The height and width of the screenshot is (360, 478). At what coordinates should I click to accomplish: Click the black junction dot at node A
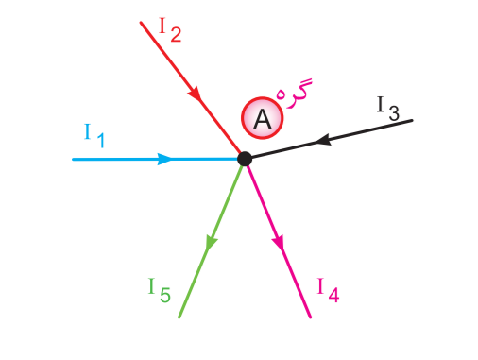[244, 159]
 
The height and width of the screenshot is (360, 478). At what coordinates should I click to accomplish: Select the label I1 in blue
[94, 136]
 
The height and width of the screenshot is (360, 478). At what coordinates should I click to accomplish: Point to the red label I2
[169, 28]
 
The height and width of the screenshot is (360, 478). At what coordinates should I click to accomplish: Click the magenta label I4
[328, 289]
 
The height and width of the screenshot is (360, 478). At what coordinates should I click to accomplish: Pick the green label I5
[159, 289]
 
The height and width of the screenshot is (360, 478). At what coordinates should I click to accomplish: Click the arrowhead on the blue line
[164, 159]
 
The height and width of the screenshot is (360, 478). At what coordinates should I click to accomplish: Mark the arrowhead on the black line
[323, 141]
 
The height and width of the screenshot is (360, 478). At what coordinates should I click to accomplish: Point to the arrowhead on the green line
[211, 243]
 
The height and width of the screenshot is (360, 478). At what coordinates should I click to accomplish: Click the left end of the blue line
[74, 159]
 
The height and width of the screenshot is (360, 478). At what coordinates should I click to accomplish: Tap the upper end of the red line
[141, 22]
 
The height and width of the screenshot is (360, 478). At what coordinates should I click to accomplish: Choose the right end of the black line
[412, 120]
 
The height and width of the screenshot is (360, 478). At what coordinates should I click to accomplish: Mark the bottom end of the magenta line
[311, 317]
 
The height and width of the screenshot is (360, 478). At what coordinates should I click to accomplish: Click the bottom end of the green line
[179, 317]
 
